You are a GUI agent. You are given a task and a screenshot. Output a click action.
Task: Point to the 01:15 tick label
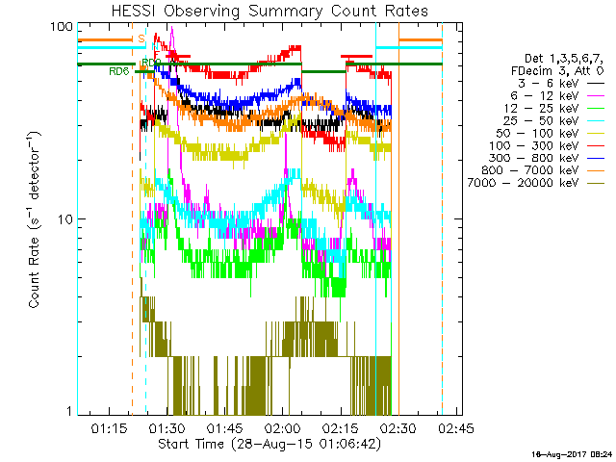click(x=109, y=427)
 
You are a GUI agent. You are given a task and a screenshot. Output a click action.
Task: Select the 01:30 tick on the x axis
click(x=167, y=427)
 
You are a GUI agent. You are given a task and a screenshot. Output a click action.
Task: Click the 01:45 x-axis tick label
click(x=224, y=427)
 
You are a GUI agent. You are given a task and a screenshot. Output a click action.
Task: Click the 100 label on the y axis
click(x=62, y=27)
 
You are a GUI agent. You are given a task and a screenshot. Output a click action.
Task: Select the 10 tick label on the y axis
click(x=65, y=219)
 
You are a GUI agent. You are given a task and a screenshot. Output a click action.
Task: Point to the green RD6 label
click(x=119, y=71)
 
